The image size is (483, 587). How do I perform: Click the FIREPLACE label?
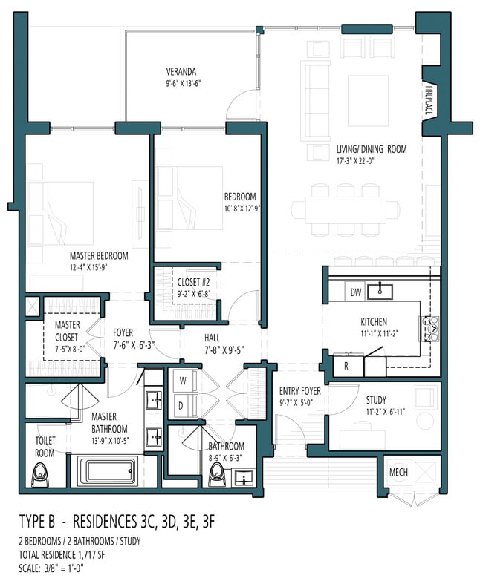tap(429, 101)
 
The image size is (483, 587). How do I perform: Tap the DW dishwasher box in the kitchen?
tap(355, 292)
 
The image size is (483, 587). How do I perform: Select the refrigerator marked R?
tap(346, 366)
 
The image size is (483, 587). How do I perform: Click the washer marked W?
tap(183, 381)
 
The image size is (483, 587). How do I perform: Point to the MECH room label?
tap(398, 472)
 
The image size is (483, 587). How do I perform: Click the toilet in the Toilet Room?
tap(39, 475)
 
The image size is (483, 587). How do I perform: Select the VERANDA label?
tap(181, 71)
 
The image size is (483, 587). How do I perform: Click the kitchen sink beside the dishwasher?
tap(380, 292)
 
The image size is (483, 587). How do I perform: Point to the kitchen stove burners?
tap(429, 329)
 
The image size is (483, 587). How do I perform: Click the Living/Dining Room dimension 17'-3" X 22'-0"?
tap(355, 161)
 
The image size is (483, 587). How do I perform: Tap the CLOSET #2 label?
tap(193, 282)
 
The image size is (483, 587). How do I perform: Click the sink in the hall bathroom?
tap(244, 478)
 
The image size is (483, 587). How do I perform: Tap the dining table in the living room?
tap(346, 210)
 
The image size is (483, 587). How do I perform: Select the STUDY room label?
tap(376, 400)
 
